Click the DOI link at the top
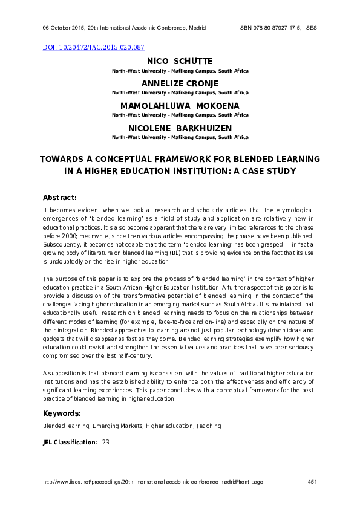tap(94, 47)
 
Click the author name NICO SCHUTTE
tap(180, 62)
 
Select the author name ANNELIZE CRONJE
tap(180, 83)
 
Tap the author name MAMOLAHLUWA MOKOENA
tap(180, 106)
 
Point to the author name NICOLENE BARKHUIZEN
tap(180, 128)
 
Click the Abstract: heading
tap(60, 198)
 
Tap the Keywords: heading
tap(62, 413)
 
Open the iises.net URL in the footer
tap(152, 482)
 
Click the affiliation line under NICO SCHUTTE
tap(180, 71)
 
